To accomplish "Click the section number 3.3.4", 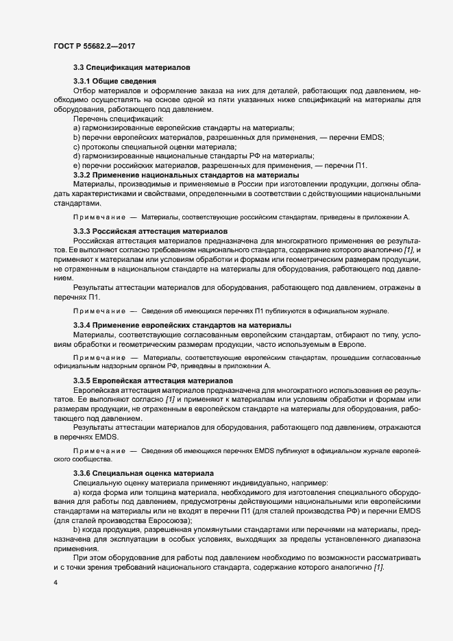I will (84, 324).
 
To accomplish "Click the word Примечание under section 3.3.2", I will (99, 217).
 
